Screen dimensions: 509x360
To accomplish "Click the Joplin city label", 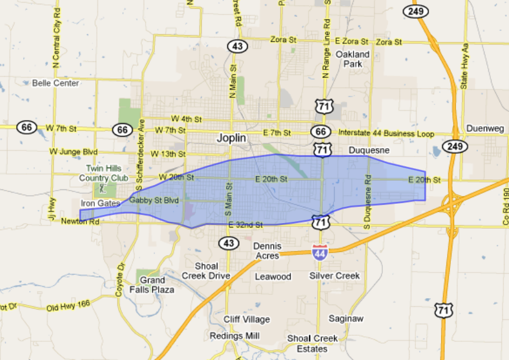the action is (x=232, y=137).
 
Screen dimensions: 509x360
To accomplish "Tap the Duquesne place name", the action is (x=368, y=151).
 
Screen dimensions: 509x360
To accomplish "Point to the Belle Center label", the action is (x=56, y=83).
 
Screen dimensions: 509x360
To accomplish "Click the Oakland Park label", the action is (x=353, y=59).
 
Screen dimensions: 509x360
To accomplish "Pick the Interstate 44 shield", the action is (x=319, y=251).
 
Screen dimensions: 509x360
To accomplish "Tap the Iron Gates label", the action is (x=100, y=203).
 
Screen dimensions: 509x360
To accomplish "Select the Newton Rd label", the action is (x=80, y=221).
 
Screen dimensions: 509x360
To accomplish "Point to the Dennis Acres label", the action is (x=267, y=251).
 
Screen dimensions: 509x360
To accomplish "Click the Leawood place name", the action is (x=273, y=276).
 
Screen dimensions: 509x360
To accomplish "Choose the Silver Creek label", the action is (x=335, y=276).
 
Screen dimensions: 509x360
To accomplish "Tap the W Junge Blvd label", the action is (x=74, y=151).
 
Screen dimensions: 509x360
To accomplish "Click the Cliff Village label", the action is (x=247, y=319).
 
